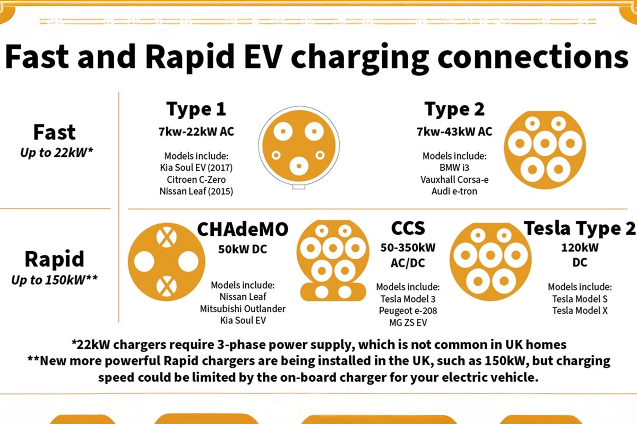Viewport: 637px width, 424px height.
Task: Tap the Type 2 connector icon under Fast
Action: (545, 150)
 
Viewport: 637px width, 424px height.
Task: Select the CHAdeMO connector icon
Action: (166, 262)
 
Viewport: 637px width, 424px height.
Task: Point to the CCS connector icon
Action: (333, 260)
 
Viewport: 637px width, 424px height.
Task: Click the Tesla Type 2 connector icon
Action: (490, 262)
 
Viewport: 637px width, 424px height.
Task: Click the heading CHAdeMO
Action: (243, 229)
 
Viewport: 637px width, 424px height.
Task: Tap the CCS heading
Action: (408, 228)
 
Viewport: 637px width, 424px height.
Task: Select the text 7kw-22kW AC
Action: (196, 132)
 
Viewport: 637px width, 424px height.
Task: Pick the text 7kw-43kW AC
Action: (454, 132)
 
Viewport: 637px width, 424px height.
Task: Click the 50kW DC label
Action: (243, 249)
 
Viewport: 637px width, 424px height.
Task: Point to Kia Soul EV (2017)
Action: (196, 168)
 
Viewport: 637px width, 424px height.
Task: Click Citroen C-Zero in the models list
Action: (196, 180)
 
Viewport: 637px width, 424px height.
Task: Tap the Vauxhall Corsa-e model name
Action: (454, 180)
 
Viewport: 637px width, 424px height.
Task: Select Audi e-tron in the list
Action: (454, 191)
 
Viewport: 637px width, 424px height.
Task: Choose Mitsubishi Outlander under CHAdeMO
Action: (243, 308)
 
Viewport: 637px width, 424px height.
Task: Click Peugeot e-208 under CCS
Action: (408, 311)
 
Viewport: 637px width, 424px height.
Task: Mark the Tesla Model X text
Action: (580, 311)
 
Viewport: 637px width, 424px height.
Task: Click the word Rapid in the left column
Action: (54, 259)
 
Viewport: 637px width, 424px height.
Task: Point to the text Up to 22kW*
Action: (57, 153)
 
